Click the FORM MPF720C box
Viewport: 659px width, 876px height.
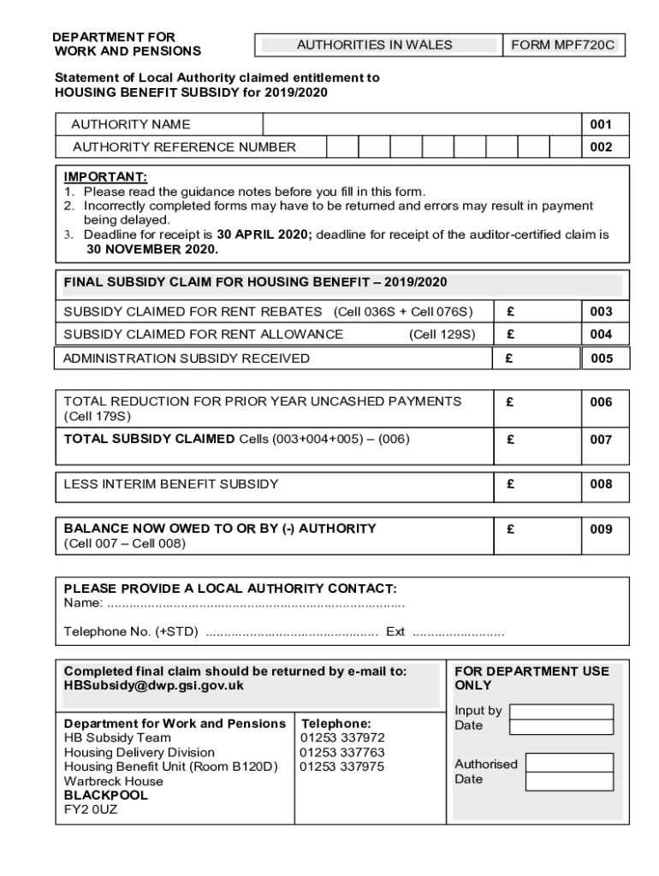click(x=563, y=44)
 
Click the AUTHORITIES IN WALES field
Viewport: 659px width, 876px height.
click(x=375, y=44)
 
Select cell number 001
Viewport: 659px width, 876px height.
click(x=601, y=125)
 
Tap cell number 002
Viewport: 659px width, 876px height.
click(x=601, y=147)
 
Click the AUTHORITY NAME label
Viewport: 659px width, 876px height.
click(x=131, y=125)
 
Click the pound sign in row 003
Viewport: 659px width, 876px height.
click(x=510, y=312)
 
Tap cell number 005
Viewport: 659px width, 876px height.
click(x=601, y=359)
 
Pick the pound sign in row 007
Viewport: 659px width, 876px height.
click(x=510, y=440)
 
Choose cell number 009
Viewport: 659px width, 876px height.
click(x=601, y=530)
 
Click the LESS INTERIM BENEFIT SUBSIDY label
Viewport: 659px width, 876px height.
click(x=171, y=484)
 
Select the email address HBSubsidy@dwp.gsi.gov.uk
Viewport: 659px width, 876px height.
click(x=154, y=686)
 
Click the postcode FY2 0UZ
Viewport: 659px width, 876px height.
click(x=91, y=810)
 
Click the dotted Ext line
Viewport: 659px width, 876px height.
click(x=459, y=633)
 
